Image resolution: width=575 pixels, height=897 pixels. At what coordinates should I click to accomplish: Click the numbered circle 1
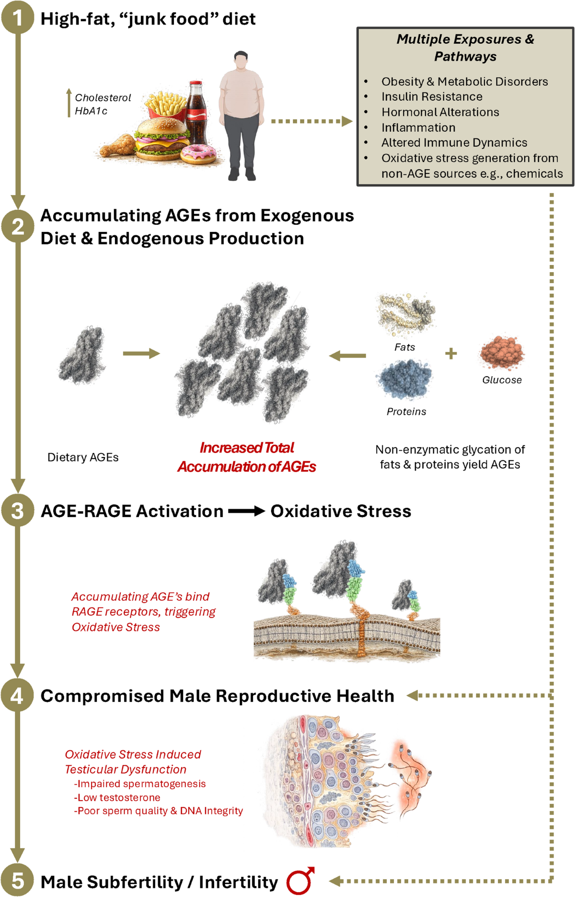coord(18,18)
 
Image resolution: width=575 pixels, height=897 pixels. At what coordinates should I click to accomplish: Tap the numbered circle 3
coord(18,510)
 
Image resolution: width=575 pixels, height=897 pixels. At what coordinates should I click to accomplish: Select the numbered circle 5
coord(18,881)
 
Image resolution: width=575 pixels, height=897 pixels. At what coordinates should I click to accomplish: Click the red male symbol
coord(300,881)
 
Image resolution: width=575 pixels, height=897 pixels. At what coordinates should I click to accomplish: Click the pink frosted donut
coord(198,153)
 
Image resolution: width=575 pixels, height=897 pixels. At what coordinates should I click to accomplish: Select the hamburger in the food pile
coord(161,139)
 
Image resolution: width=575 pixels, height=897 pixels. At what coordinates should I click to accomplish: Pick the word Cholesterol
coord(103,97)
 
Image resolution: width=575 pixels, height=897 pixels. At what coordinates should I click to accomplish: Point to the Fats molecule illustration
coord(406,313)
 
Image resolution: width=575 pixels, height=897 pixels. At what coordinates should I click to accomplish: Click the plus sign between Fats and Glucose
coord(451,354)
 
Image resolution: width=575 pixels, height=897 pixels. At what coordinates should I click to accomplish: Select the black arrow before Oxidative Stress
coord(246,511)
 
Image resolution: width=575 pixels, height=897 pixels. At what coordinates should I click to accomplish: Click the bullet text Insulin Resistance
coord(432,96)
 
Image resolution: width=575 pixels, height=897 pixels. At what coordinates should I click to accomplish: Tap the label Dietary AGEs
coord(83,457)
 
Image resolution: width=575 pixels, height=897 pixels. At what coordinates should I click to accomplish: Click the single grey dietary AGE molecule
coord(82,355)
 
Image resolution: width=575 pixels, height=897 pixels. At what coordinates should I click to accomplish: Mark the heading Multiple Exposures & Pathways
coord(465,47)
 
